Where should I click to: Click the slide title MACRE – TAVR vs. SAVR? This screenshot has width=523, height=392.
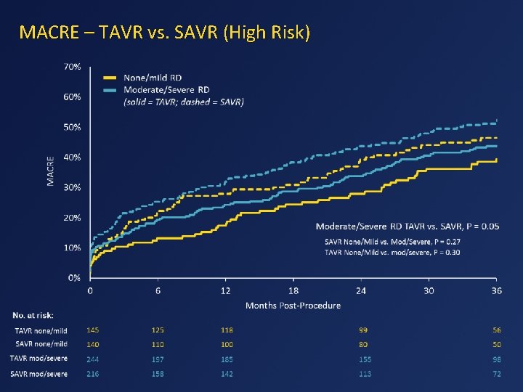165,33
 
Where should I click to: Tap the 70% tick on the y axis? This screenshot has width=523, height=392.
72,66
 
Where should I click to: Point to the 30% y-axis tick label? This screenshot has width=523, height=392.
72,187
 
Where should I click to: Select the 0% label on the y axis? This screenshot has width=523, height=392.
74,278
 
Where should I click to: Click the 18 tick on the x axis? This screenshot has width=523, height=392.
293,290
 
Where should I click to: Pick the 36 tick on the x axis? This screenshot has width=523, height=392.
496,290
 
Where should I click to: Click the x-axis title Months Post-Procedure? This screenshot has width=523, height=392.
293,306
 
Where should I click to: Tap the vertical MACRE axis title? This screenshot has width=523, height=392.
51,171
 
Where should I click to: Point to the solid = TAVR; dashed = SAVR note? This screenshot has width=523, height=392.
184,102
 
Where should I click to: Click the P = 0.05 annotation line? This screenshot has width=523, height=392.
408,226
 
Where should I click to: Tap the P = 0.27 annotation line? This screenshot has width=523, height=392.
392,241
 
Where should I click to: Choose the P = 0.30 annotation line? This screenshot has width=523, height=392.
392,252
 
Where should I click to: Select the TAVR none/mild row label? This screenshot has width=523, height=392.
41,331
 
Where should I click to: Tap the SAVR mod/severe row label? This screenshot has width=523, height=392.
39,374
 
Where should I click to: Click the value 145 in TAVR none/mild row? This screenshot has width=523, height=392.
93,330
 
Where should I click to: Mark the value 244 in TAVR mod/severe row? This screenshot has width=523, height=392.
93,359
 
